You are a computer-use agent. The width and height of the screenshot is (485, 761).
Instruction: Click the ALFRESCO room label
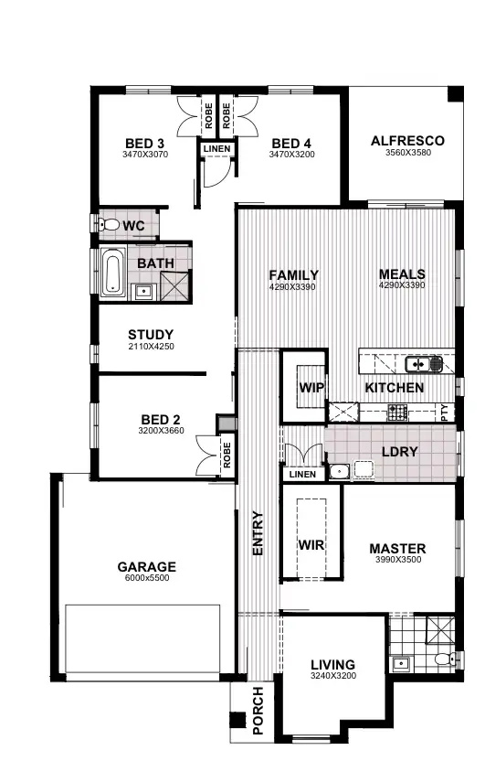[x=407, y=141]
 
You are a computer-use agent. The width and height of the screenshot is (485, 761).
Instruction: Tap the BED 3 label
[x=144, y=144]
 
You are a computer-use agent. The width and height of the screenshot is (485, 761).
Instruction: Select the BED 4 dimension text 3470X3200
[x=291, y=155]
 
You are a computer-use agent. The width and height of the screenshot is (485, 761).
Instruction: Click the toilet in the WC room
[x=109, y=225]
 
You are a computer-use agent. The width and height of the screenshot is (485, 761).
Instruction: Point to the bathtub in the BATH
[x=112, y=273]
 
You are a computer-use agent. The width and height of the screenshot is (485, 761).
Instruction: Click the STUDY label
[x=151, y=335]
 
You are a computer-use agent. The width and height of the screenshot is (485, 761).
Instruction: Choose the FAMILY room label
[x=293, y=275]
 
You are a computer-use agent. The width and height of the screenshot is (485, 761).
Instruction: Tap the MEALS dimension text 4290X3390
[x=402, y=285]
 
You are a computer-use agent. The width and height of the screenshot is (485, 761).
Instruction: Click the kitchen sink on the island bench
[x=417, y=364]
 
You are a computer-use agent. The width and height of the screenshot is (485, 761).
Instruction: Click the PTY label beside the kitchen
[x=445, y=412]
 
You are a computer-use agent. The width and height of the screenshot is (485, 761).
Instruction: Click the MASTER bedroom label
[x=397, y=550]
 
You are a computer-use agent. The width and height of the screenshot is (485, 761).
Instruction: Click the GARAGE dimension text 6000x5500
[x=146, y=577]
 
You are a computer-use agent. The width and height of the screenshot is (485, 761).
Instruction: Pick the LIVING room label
[x=332, y=665]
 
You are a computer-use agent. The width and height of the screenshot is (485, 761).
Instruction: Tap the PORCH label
[x=258, y=711]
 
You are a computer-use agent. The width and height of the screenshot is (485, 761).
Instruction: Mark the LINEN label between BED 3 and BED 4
[x=217, y=148]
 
